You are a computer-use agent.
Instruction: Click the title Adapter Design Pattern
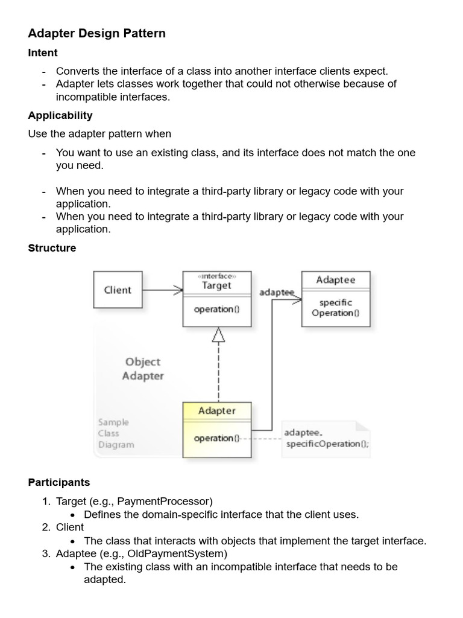click(x=96, y=33)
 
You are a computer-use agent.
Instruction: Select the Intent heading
click(x=43, y=53)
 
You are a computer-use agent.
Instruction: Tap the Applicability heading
click(x=60, y=115)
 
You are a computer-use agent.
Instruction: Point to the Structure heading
click(x=52, y=248)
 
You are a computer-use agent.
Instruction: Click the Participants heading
click(x=59, y=482)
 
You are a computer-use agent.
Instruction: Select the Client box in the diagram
click(x=118, y=290)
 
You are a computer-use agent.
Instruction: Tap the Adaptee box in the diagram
click(x=336, y=298)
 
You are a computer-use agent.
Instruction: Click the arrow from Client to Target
click(x=162, y=290)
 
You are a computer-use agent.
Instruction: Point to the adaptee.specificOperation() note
click(x=326, y=439)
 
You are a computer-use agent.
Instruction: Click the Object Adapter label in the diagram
click(x=143, y=369)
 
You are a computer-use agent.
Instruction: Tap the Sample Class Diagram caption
click(x=116, y=434)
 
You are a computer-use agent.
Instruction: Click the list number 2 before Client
click(x=46, y=527)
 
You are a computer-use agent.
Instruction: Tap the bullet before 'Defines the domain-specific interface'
click(x=72, y=515)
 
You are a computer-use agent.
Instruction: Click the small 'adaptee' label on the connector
click(x=276, y=292)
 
